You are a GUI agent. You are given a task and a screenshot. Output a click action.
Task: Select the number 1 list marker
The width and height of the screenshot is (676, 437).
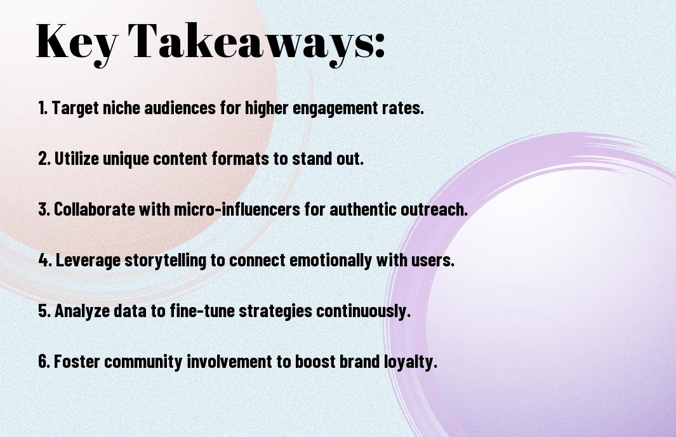pos(43,108)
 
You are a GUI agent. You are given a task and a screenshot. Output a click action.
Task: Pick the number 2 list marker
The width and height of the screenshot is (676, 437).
pos(44,159)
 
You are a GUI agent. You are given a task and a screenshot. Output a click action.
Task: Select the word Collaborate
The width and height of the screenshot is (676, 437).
pos(95,209)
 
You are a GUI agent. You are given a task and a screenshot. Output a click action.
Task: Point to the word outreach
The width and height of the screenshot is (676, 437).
pos(434,209)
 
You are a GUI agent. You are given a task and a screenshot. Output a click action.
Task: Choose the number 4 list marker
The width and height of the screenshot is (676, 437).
pos(45,260)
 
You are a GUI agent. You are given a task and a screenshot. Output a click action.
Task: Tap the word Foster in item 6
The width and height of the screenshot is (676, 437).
pos(77,361)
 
